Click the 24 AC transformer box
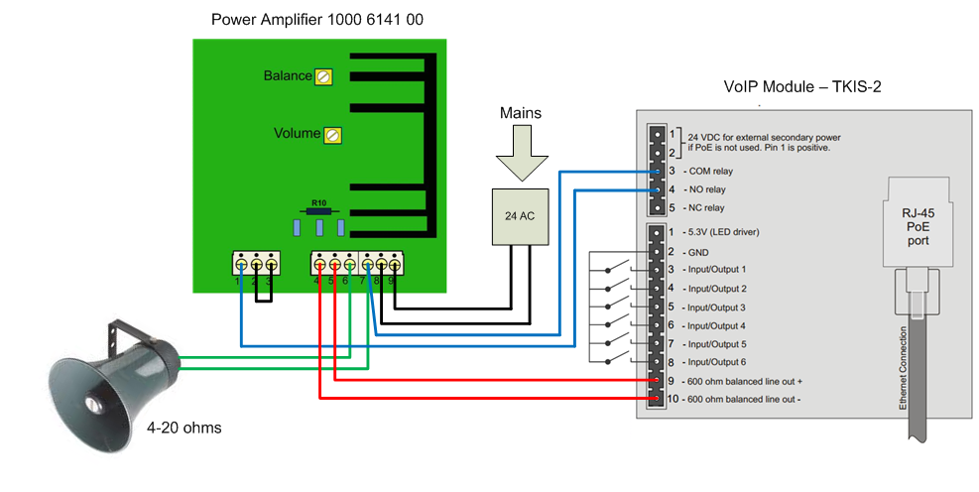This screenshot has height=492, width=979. coord(521,215)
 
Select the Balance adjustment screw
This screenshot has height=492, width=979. coord(322,76)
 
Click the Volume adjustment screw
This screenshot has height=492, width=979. coord(333,134)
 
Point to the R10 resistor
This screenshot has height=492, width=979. coord(318,210)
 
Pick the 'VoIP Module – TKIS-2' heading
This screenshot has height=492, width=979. coord(802,87)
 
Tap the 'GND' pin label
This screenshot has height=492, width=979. coord(698,251)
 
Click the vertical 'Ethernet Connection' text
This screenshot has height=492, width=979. coord(903,368)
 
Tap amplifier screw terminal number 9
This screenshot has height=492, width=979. coord(394,265)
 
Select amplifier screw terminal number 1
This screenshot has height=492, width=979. coord(242,265)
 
